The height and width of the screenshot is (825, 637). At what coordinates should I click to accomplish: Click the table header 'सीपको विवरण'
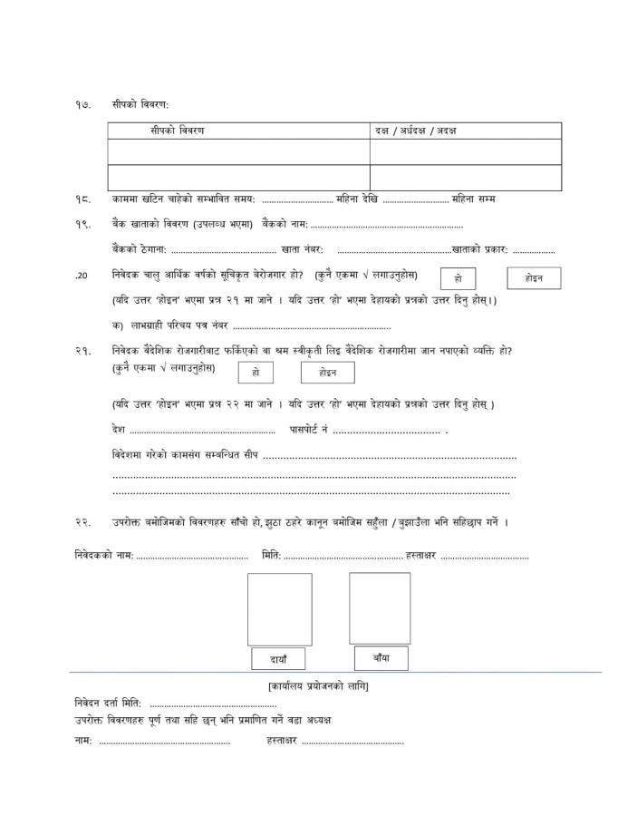pos(178,131)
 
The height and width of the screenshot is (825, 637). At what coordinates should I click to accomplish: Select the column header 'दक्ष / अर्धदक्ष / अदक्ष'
pos(415,131)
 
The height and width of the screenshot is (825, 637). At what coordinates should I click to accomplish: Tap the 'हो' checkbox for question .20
pos(458,278)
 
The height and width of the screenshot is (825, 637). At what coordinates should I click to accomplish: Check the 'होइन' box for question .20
pos(534,277)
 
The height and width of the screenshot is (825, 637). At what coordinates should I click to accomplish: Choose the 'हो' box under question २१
pos(256,372)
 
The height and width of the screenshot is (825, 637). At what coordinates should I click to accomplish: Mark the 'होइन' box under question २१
pos(327,372)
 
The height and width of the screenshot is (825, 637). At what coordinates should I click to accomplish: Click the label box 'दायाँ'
pos(278,658)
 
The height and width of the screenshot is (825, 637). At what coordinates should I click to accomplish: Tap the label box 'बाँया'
pos(381,656)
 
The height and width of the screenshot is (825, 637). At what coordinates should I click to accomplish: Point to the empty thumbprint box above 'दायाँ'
pos(279,608)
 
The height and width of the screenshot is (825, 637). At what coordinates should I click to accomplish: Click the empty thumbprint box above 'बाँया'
pos(380,607)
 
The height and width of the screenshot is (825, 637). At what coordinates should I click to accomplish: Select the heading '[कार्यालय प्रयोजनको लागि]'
pos(318,685)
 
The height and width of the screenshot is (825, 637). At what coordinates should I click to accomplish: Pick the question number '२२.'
pos(82,522)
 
